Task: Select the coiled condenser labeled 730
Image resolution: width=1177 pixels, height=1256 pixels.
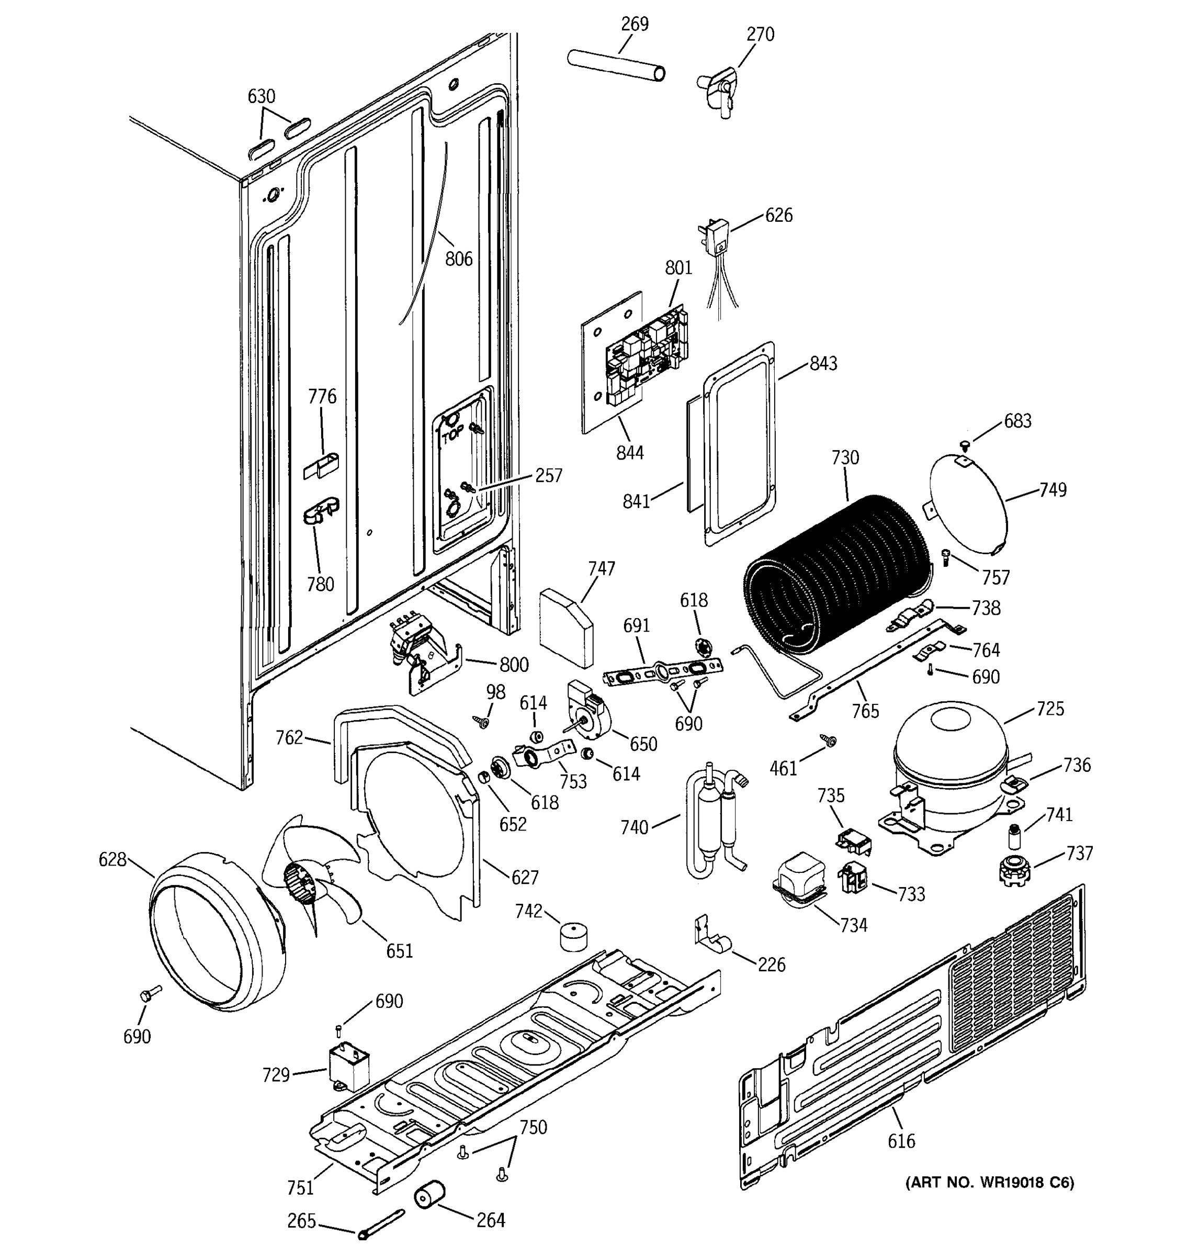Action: point(833,575)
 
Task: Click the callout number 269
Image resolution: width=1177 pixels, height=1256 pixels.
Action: point(634,24)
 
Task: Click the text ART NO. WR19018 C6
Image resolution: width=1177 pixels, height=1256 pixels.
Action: point(989,1183)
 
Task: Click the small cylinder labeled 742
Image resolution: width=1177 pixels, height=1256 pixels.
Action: point(573,936)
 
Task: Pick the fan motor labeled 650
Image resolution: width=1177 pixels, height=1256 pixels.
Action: point(591,710)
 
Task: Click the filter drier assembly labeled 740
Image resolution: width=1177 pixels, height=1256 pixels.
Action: point(714,821)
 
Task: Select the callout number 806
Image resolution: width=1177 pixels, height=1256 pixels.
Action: point(458,259)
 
